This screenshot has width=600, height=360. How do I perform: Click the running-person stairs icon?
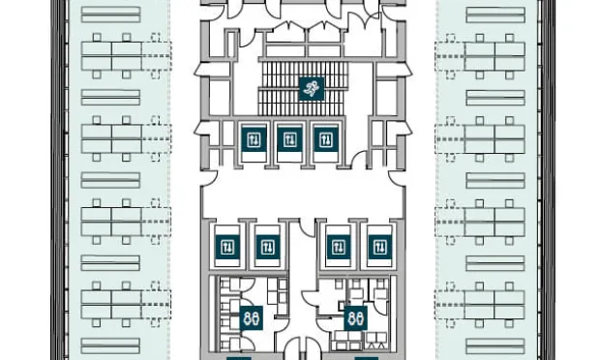coord(310,90)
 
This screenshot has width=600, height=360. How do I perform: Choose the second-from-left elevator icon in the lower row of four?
coord(265,247)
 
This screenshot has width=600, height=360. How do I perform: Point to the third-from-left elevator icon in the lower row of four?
coord(338,247)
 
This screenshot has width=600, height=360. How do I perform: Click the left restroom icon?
coord(251,316)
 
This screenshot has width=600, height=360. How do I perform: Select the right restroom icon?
coord(355,316)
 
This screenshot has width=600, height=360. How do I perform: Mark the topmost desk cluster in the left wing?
coord(111,56)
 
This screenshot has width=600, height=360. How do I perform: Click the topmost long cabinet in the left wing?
coord(110,15)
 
